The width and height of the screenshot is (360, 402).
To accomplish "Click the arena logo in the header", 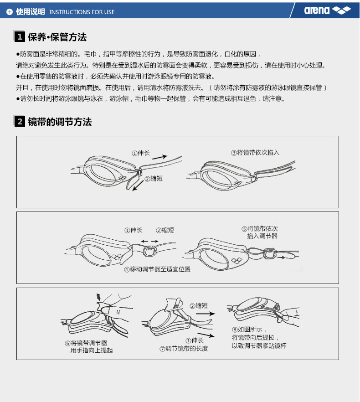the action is pos(327,10).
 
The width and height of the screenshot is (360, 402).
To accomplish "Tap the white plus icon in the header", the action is pos(10,12).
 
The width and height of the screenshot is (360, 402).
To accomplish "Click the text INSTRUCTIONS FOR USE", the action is pos(82,12).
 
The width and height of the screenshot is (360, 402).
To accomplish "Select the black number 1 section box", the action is pos(20,36).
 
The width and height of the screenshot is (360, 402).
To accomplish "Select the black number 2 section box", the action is pos(20,121).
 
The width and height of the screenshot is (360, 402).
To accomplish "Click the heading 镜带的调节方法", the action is pos(60,122).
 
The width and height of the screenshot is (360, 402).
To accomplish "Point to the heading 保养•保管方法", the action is pos(57,37).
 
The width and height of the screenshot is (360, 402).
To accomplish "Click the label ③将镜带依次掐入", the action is pos(255,153).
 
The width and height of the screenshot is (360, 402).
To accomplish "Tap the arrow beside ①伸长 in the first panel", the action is pos(160,157).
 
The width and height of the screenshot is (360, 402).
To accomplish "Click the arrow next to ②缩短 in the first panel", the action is pos(138,186).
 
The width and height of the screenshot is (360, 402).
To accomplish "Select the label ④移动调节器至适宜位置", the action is pos(157,269).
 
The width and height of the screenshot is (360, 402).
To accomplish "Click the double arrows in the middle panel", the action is pos(150,241).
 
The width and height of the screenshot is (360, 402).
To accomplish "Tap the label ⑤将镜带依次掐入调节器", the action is pos(260,232).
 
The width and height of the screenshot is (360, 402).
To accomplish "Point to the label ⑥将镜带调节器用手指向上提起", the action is pos(89,346).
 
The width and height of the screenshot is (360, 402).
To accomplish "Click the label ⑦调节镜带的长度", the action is pos(184,349).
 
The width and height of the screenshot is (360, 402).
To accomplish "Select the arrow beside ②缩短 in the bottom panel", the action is pos(208,314).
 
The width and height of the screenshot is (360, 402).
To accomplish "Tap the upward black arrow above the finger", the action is pos(98,297).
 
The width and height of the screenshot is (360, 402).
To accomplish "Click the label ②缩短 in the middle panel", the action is pos(165,230).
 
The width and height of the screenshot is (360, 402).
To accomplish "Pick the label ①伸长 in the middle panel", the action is pos(134,230).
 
